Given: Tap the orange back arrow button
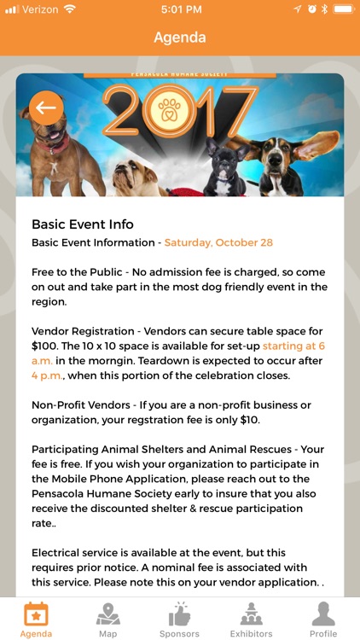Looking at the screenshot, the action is tap(46, 108).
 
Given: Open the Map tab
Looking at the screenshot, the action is tap(107, 619).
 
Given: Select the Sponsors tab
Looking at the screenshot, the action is tap(179, 619).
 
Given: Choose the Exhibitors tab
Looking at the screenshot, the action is tap(251, 619).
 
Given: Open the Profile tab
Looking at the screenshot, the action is tap(322, 619).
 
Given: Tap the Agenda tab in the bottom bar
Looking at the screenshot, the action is tap(36, 619).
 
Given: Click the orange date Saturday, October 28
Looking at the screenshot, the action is tap(218, 242).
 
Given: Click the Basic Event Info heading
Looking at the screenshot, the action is tap(83, 224).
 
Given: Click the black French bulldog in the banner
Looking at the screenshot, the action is tap(224, 171).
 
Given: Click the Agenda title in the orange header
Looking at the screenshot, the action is tap(180, 38).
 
